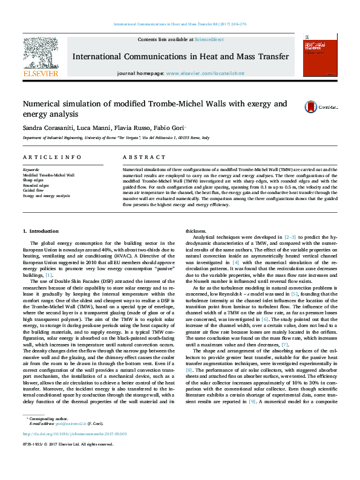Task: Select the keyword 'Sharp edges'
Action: (x=33, y=180)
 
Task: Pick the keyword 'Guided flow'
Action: (x=33, y=190)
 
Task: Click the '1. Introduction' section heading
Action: (x=41, y=232)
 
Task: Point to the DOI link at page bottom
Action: (x=74, y=450)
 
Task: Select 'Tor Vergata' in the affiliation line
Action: (x=126, y=138)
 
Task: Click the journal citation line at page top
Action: (x=180, y=25)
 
